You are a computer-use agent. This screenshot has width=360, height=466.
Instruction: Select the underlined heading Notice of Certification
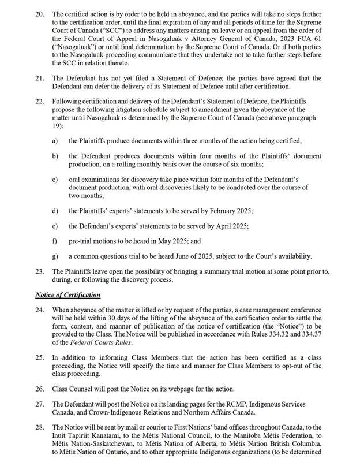pyautogui.click(x=76, y=294)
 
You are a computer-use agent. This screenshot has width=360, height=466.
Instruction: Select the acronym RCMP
pyautogui.click(x=232, y=404)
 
